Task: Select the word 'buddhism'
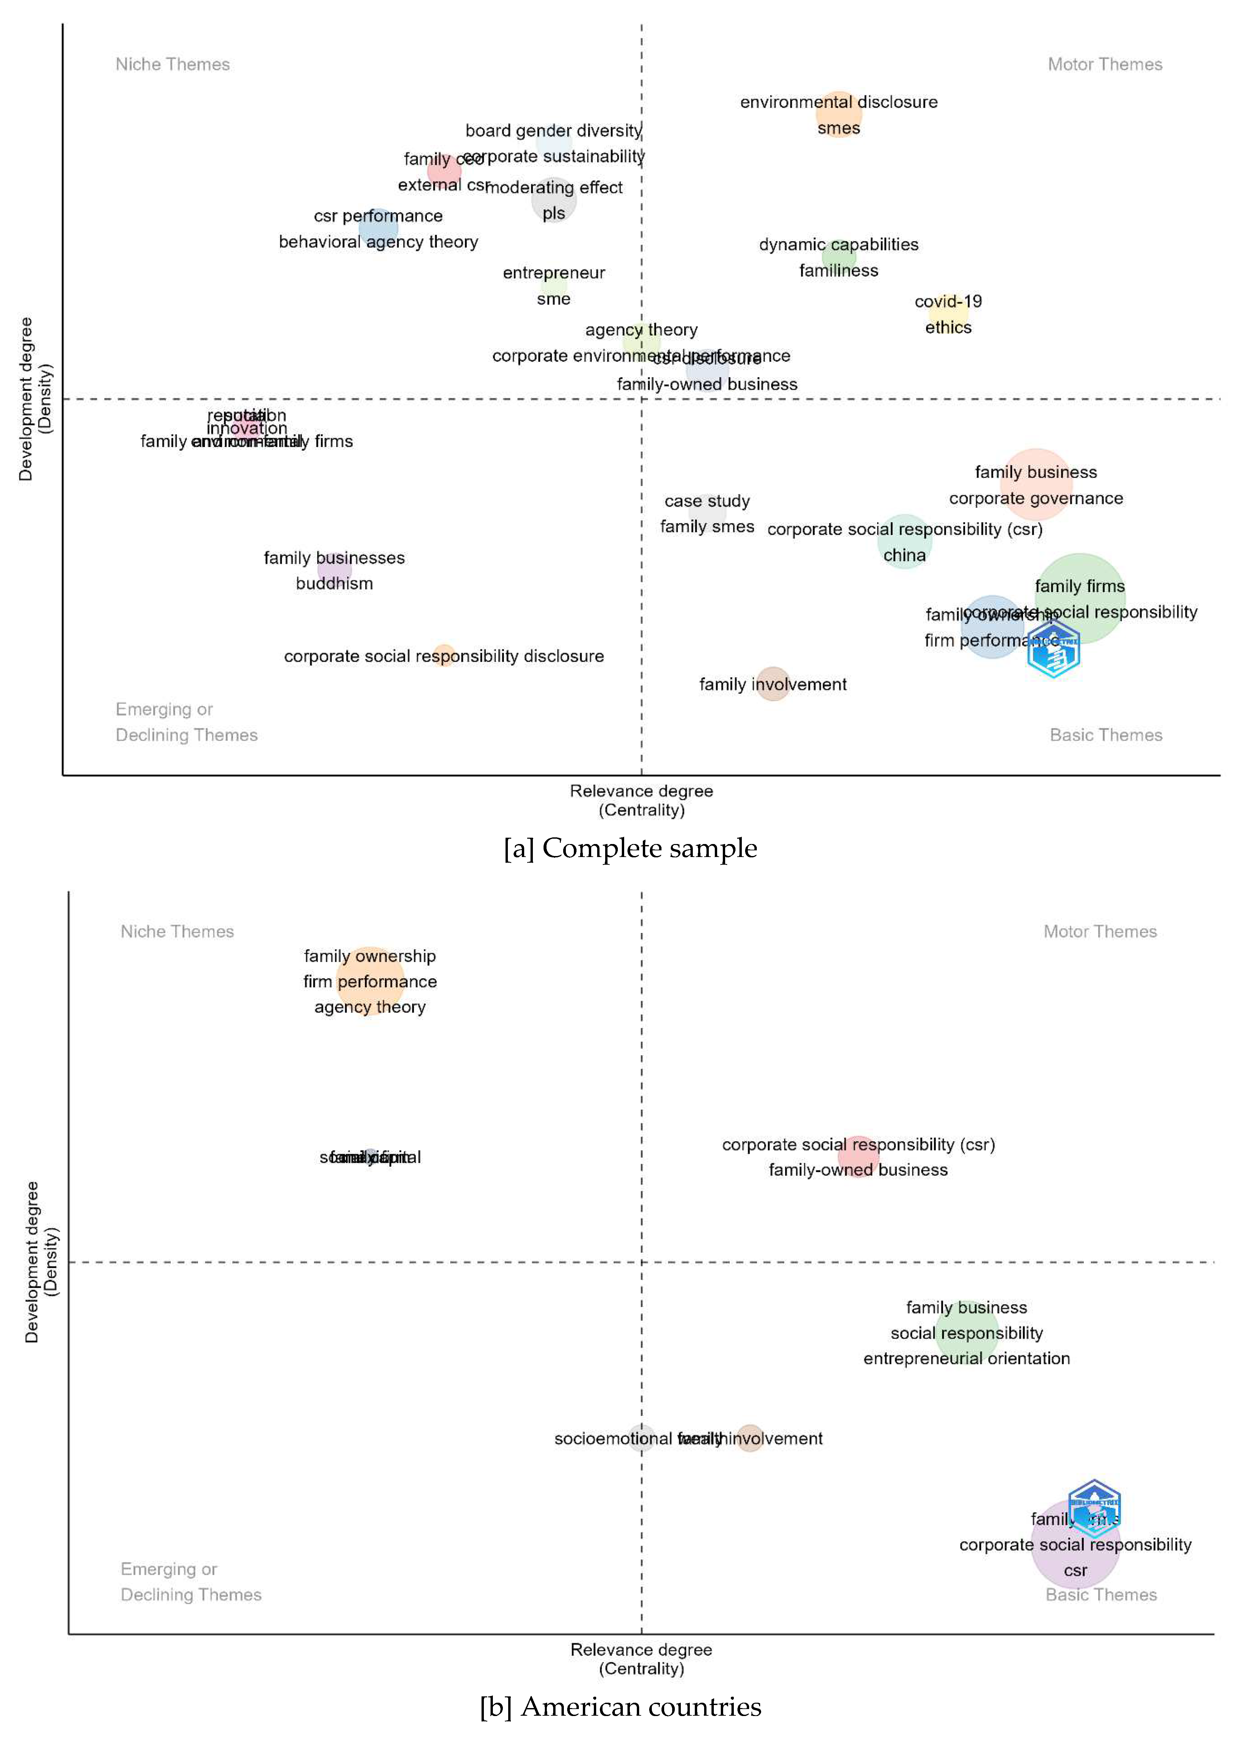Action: (x=334, y=583)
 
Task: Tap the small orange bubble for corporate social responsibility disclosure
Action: (x=444, y=655)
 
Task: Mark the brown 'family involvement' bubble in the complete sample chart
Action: (x=773, y=684)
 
